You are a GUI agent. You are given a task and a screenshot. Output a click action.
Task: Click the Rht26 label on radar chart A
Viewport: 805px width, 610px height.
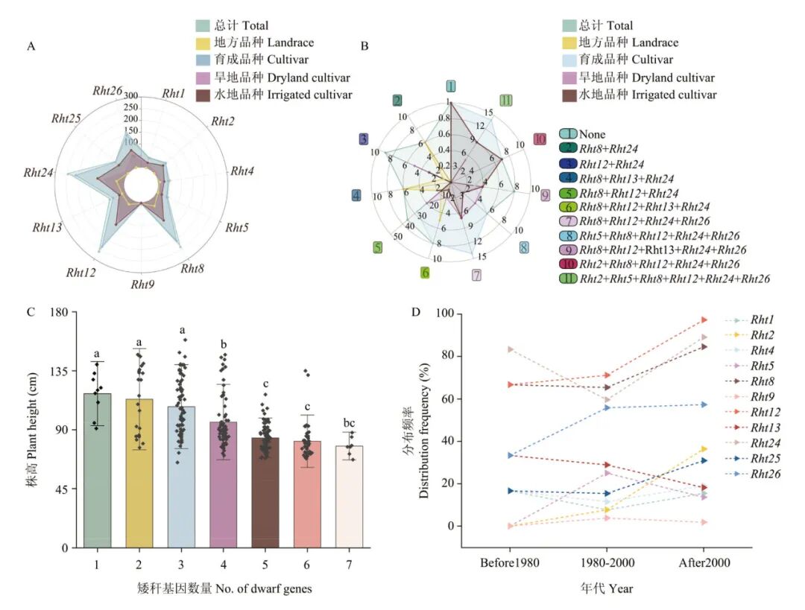click(107, 91)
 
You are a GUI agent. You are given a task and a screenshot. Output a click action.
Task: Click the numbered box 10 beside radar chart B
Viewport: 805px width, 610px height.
click(540, 139)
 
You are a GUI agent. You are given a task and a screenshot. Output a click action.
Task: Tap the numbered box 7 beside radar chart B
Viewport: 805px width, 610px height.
click(476, 276)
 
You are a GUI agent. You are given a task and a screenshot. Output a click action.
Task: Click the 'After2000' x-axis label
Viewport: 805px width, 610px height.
click(704, 562)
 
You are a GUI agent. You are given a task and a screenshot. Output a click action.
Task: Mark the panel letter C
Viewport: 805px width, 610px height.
click(31, 312)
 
